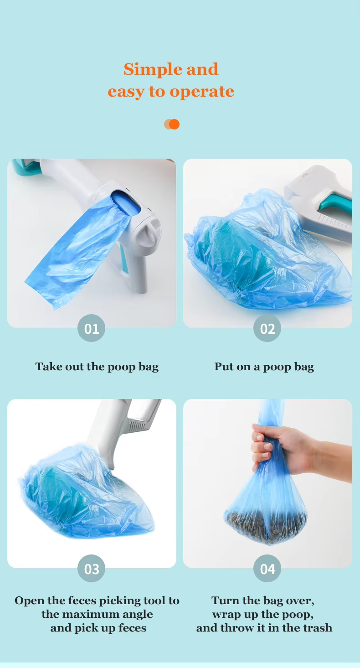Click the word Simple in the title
(145, 69)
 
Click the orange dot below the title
(174, 124)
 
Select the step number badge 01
(92, 328)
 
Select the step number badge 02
(267, 328)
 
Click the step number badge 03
(92, 569)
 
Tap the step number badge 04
(267, 569)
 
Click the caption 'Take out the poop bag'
(97, 367)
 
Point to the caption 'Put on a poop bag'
(264, 367)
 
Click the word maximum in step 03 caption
(98, 614)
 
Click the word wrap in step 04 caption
(226, 614)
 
